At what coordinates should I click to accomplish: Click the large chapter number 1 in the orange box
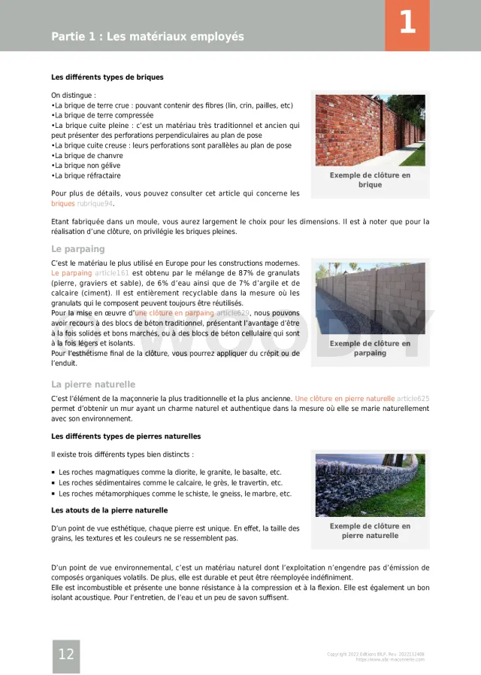407,23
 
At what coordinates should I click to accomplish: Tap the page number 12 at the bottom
66,655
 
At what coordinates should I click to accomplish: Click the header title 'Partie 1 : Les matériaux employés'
147,37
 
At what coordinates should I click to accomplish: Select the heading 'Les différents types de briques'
107,77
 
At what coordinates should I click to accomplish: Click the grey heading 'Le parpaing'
78,249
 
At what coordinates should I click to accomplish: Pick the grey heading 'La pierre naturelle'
93,385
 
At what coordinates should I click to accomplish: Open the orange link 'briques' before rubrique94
63,204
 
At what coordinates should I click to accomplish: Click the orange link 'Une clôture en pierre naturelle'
345,398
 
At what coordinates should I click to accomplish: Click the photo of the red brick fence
370,129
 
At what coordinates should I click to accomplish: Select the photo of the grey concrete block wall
370,298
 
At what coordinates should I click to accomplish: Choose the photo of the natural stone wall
370,484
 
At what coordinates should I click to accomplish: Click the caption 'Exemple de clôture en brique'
370,180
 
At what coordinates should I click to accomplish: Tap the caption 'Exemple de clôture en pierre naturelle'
370,531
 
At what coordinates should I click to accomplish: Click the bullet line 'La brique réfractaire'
87,176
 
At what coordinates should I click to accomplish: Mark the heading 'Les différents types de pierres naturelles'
126,436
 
